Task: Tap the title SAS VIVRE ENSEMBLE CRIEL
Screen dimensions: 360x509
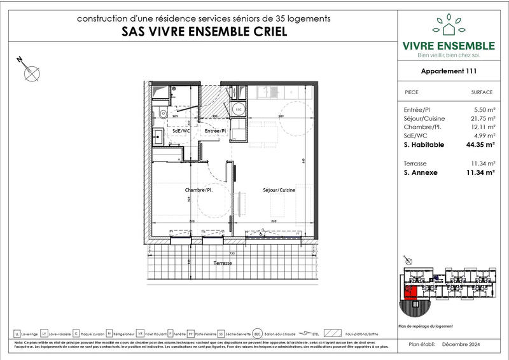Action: [204, 32]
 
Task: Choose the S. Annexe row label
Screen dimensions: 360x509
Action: [421, 172]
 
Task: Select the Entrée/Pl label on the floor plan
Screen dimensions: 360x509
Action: [216, 130]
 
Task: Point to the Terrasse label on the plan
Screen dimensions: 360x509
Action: [223, 263]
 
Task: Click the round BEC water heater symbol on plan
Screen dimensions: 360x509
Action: [239, 109]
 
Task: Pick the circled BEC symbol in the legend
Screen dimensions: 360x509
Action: [257, 333]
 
